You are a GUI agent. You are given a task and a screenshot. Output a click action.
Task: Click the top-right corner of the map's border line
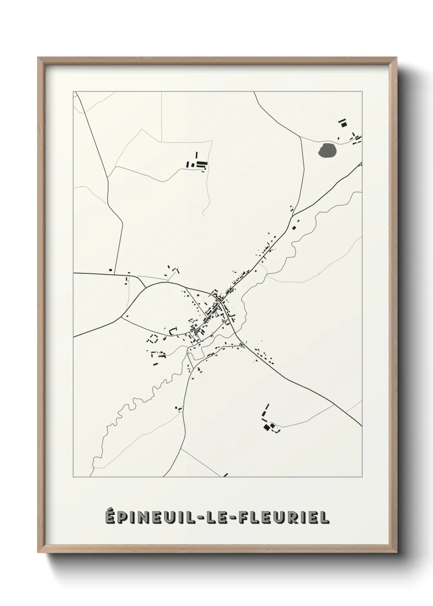[x=362, y=91]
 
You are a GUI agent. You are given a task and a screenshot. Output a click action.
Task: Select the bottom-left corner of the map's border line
[x=74, y=477]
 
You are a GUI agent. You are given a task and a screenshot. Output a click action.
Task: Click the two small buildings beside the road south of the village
[x=179, y=408]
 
